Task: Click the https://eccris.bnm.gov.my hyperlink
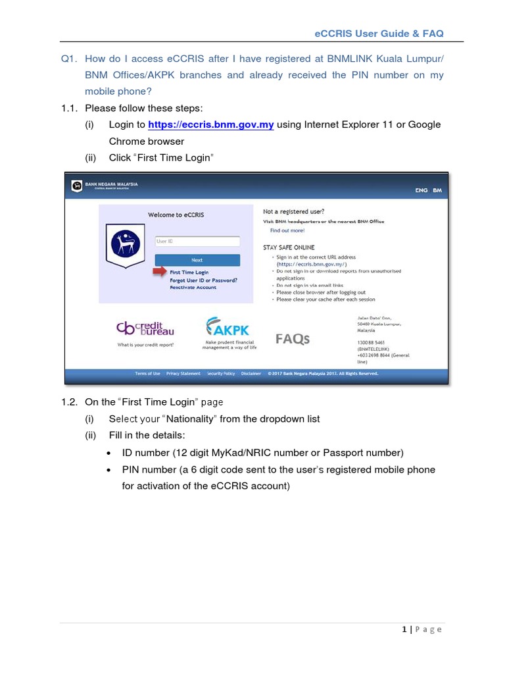pos(210,124)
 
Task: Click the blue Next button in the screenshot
pos(197,260)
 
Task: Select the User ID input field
pos(197,242)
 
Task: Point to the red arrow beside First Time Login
pos(160,272)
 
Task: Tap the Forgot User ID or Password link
pos(203,280)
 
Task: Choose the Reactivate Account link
pos(193,288)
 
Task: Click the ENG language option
pos(421,190)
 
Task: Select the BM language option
pos(437,190)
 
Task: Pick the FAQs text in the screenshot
pos(292,339)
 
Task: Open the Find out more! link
pos(287,230)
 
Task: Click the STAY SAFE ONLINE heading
pos(289,247)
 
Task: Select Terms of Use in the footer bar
pos(147,373)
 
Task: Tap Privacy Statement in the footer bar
pos(183,373)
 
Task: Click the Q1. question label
pos(68,59)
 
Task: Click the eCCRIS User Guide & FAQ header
pos(381,34)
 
